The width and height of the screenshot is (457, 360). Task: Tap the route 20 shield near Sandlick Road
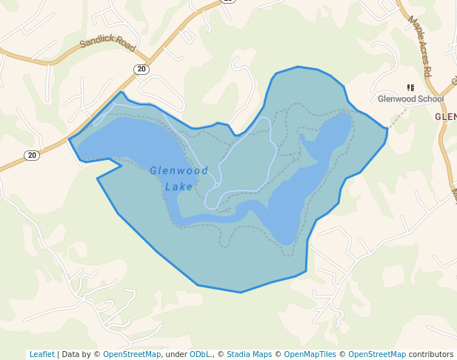(x=141, y=69)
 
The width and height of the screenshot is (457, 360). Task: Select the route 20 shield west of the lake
(x=31, y=155)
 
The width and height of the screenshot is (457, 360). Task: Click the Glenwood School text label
(x=410, y=99)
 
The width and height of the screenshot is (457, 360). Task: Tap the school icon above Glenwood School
(x=411, y=87)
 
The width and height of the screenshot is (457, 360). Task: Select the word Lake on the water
(x=179, y=187)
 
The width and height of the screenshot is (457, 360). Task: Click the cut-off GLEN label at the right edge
(x=446, y=117)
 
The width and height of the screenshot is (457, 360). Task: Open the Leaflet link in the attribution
(x=41, y=354)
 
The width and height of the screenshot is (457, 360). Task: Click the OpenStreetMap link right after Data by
(x=131, y=354)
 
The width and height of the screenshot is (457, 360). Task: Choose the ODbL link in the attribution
(x=199, y=354)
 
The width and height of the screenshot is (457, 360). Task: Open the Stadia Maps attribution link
(x=249, y=354)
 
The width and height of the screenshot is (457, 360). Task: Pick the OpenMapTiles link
(x=311, y=354)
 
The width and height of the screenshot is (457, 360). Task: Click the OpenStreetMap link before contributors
(x=377, y=354)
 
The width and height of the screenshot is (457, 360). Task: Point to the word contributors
(x=430, y=354)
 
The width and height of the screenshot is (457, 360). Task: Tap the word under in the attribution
(x=176, y=354)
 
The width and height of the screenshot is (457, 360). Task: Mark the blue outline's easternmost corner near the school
(x=387, y=130)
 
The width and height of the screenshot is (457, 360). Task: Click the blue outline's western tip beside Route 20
(x=69, y=139)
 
